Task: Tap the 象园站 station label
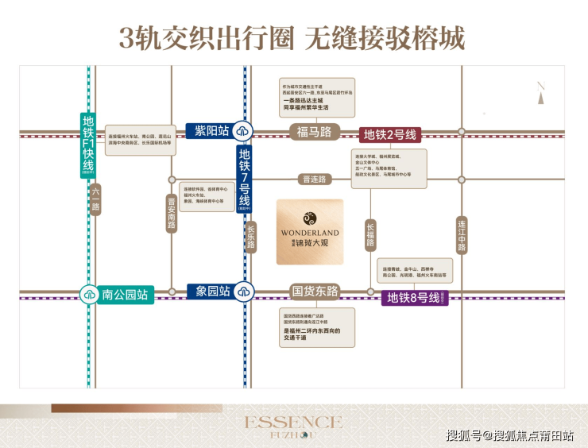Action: tap(211, 292)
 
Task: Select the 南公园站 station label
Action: tap(125, 295)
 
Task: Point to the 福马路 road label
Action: tap(313, 132)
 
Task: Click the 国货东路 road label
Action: tap(315, 292)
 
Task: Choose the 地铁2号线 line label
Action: tap(389, 134)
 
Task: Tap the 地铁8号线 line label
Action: tap(413, 298)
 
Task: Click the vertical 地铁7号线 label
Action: tap(245, 180)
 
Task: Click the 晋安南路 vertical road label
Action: tap(171, 213)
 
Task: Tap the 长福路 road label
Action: tap(369, 235)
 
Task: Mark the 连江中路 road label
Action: tap(462, 235)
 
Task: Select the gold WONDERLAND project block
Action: tap(310, 232)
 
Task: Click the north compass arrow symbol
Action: tap(540, 98)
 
